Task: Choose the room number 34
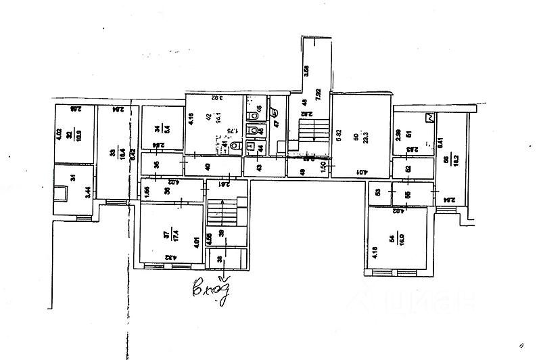(x=157, y=129)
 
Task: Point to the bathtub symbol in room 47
(x=274, y=112)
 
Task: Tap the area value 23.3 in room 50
(x=365, y=135)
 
